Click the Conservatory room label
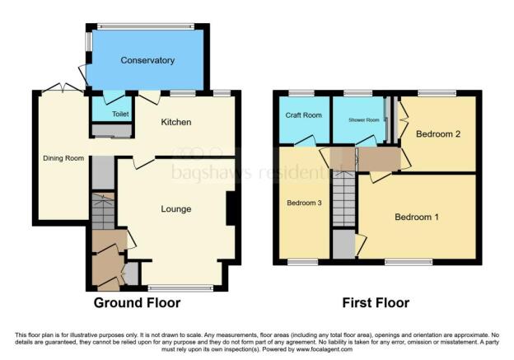coord(147,60)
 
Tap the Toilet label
coord(120,115)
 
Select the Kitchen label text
coord(176,122)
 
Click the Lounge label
coord(175,209)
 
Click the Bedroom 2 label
coord(437,133)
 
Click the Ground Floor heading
coord(137,303)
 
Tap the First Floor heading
coord(376,303)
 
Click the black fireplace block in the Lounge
coord(233,208)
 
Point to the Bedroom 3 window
coord(302,263)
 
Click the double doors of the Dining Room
coord(63,88)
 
